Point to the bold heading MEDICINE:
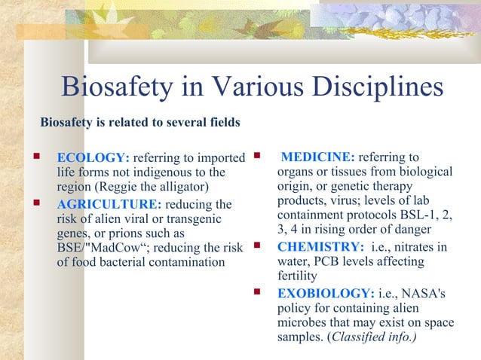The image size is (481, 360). coord(317,157)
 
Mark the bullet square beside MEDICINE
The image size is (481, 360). coord(257,157)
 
